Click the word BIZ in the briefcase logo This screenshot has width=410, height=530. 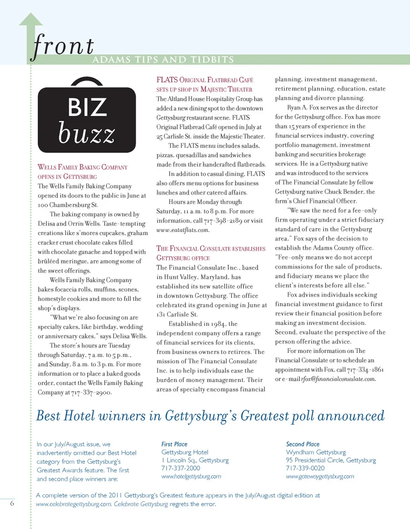(88, 107)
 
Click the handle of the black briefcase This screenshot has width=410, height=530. (87, 81)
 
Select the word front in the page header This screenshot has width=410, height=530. (63, 46)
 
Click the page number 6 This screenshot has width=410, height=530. (12, 504)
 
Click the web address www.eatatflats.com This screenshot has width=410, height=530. (182, 230)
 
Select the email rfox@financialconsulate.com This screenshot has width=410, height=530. (338, 379)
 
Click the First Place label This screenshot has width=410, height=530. (174, 444)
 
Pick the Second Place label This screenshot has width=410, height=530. (302, 444)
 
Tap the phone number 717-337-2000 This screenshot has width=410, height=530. (181, 468)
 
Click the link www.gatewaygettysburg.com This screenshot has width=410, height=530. (320, 476)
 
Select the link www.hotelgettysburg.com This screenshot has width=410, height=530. (191, 476)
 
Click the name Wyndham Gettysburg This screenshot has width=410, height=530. (316, 452)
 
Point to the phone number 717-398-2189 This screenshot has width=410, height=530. (223, 221)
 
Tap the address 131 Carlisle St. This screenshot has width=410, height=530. (177, 315)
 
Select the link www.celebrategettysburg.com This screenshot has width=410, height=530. (73, 504)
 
